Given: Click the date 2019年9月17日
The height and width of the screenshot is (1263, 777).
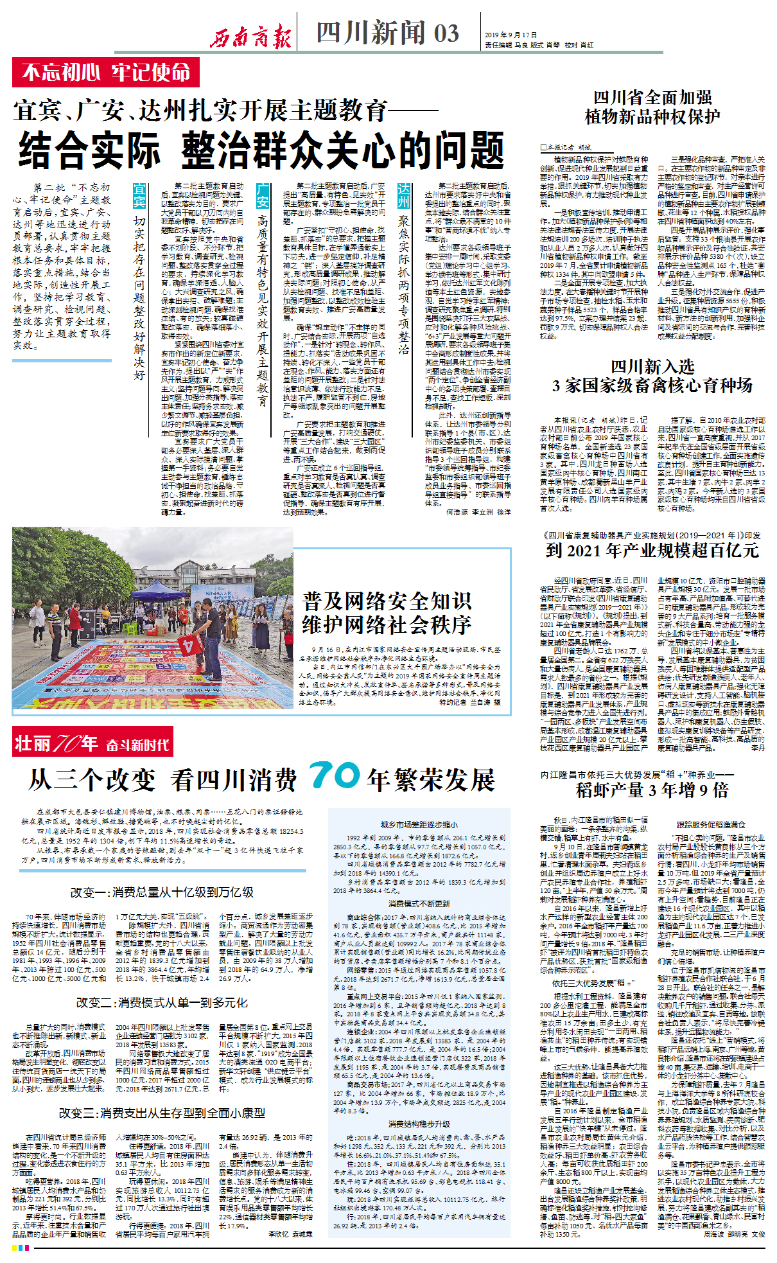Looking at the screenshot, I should pos(511,35).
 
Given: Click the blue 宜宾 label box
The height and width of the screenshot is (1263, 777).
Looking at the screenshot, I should pos(139,195).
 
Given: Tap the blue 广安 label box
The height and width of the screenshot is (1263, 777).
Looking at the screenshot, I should pos(263,195).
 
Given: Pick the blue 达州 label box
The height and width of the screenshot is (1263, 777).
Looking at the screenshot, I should pos(403,195).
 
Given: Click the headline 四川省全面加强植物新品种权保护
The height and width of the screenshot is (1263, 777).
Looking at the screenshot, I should pos(652,107).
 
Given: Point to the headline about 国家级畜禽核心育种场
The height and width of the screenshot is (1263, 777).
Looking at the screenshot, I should pos(652,376).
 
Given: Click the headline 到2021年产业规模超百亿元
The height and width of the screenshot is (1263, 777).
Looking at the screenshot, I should pos(652,550).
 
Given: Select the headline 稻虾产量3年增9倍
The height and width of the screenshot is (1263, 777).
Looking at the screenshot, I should pos(652,790).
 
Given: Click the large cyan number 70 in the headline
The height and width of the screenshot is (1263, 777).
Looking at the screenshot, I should pos(334,775).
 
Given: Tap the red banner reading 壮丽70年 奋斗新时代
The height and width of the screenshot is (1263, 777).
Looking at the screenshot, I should pos(92,743).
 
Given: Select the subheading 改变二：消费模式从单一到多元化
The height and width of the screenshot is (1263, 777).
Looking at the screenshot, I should pos(162,1003).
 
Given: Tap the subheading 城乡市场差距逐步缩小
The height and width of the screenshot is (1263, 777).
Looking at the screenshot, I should pos(419,824).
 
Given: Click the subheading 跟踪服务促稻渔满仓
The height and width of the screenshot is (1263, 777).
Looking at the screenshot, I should pos(710,824).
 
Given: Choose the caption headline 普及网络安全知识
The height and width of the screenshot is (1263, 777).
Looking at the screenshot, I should pos(387,601).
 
